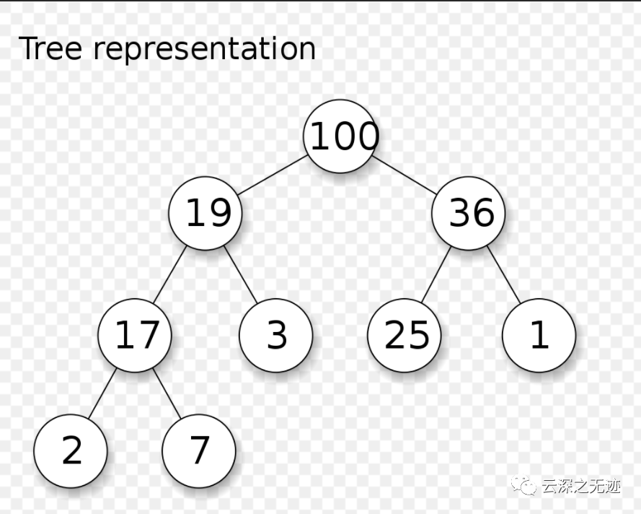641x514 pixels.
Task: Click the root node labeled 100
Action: tap(340, 136)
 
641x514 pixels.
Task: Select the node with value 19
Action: tap(205, 213)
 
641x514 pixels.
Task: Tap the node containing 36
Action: tap(469, 213)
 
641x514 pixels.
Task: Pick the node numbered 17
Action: tap(135, 335)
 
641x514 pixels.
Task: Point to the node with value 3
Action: tap(276, 335)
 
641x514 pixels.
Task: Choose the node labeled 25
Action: tap(405, 335)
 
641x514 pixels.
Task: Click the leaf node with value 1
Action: tap(539, 335)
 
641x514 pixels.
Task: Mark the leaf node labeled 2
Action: tap(71, 450)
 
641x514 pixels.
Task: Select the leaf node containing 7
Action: tap(199, 450)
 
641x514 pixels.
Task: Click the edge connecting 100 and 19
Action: tap(273, 175)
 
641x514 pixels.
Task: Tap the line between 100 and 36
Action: tap(405, 175)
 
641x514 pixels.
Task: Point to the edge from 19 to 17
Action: tap(170, 274)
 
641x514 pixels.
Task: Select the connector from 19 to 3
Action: tap(241, 274)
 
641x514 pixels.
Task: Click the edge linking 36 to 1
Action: tap(503, 274)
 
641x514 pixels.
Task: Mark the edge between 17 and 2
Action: tap(102, 393)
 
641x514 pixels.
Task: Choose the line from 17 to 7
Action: tap(167, 393)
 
